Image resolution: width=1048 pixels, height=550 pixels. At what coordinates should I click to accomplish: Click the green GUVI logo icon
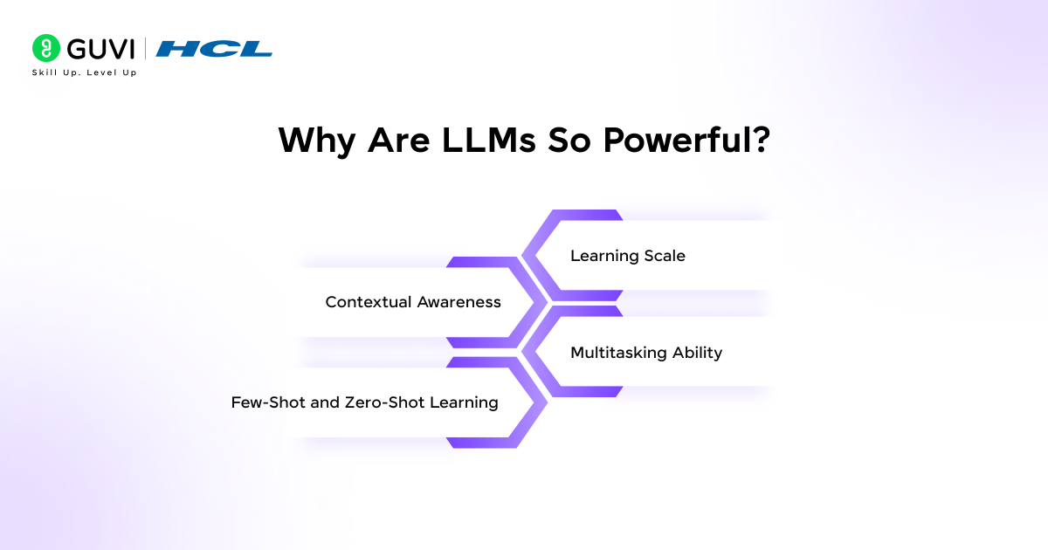[45, 47]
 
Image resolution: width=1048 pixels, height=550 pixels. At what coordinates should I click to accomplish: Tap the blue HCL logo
[214, 49]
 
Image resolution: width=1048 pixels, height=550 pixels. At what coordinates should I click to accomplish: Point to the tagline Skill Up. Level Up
[84, 72]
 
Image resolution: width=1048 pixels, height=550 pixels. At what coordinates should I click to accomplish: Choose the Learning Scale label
[628, 256]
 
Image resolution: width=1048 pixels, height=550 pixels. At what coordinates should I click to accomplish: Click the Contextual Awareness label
[413, 302]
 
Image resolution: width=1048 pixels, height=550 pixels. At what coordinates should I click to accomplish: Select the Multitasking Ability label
[646, 353]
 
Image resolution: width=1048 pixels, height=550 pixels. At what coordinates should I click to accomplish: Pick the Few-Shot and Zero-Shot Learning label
[365, 402]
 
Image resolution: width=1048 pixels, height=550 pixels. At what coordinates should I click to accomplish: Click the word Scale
[665, 256]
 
